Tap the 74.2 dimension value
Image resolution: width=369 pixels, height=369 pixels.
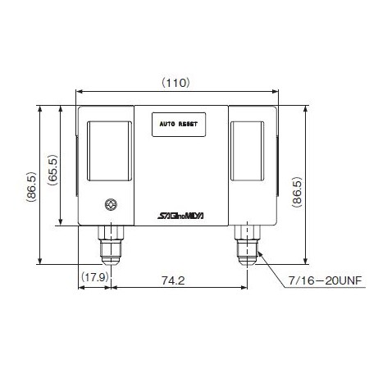pos(173,280)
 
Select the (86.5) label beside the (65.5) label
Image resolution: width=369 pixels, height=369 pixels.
pos(31,190)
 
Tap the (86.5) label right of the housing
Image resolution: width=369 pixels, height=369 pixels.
pos(297,190)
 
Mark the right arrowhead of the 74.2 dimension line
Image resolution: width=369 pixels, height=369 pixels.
pos(247,289)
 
